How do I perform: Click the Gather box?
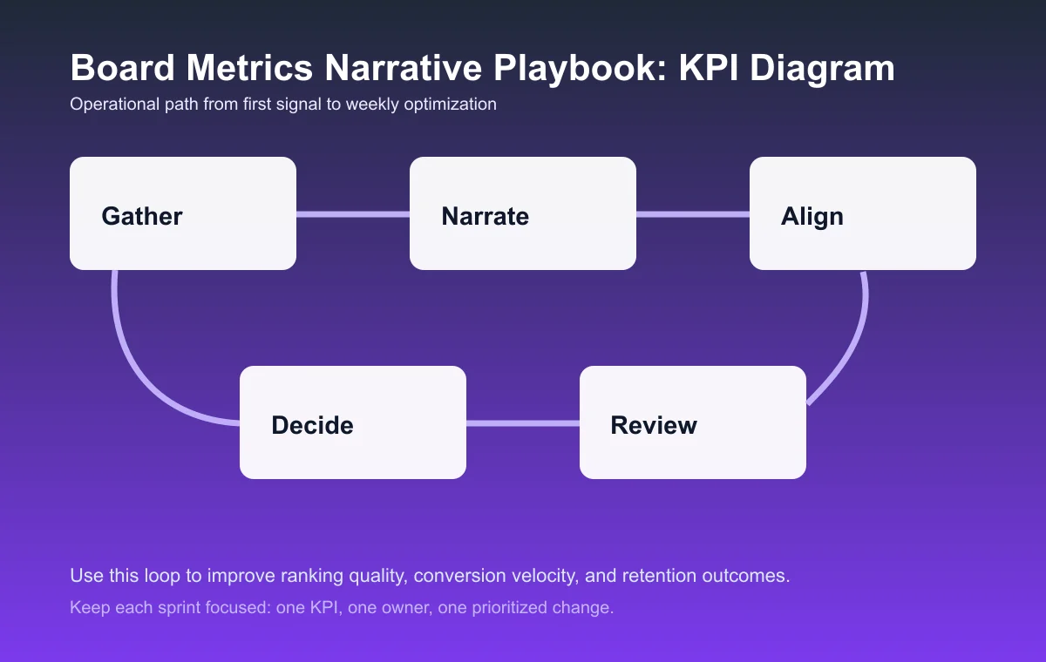(183, 213)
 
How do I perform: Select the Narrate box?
(523, 213)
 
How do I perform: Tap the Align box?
(863, 213)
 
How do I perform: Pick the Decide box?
(353, 422)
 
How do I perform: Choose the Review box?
(693, 422)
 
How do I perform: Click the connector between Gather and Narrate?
(353, 213)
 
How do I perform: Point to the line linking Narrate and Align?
(693, 213)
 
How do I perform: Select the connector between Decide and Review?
(523, 423)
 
